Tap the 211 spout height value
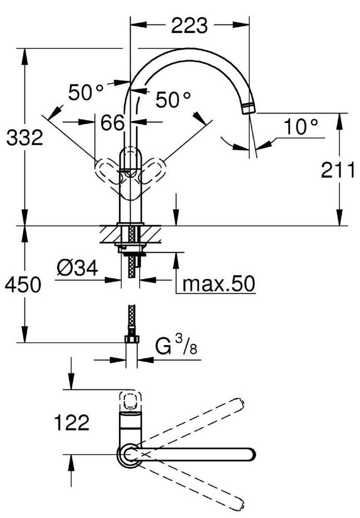tap(338, 171)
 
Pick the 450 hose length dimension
tap(23, 285)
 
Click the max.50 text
tap(219, 284)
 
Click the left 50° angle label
tap(86, 92)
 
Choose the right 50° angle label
tap(172, 100)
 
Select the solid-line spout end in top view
tap(249, 455)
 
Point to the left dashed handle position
tap(106, 167)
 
